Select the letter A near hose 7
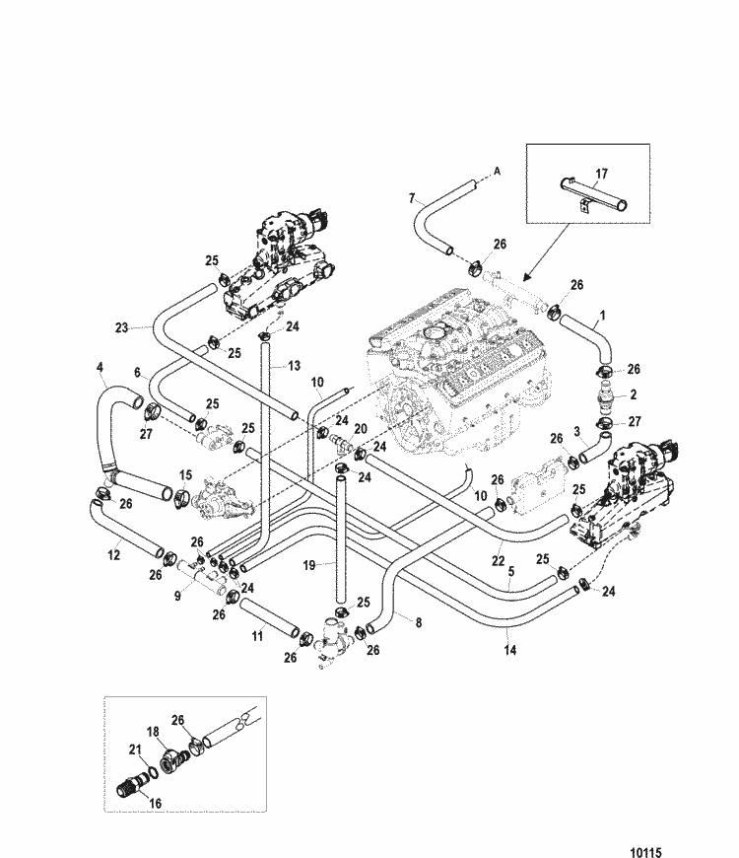tap(498, 172)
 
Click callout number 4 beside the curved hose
tap(100, 371)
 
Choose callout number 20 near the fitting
tap(360, 430)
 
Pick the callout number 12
tap(113, 554)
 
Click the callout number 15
tap(184, 476)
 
